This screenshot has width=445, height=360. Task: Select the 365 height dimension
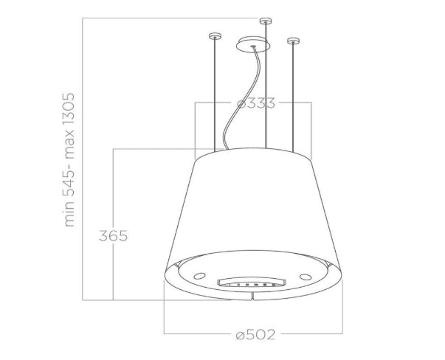click(x=113, y=236)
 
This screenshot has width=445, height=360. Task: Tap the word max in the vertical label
click(x=69, y=145)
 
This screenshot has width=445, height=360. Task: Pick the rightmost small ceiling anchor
click(x=292, y=38)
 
